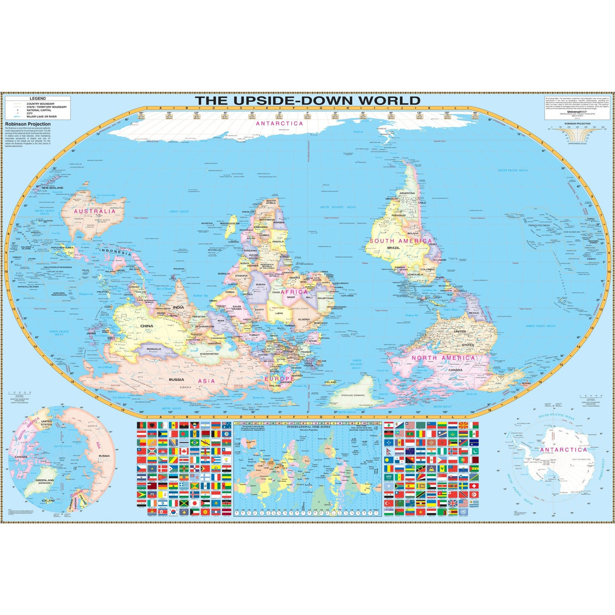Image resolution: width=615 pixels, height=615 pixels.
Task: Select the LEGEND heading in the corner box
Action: (x=39, y=98)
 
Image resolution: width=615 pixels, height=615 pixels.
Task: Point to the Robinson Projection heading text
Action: (x=28, y=124)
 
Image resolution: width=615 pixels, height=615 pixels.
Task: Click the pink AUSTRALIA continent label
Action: (x=95, y=211)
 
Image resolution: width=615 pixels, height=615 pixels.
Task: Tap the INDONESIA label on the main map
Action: (x=116, y=250)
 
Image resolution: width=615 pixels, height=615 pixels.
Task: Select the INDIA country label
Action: (x=178, y=307)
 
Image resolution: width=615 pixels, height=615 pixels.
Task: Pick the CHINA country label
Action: (x=146, y=326)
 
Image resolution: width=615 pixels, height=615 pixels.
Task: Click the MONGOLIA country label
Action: (x=154, y=349)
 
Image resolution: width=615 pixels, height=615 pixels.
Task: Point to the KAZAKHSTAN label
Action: (x=209, y=354)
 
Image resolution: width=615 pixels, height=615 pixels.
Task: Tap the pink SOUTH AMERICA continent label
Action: (x=401, y=241)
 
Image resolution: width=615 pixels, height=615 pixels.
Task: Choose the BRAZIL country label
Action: (x=394, y=248)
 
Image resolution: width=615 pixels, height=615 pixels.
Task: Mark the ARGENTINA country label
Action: (x=407, y=193)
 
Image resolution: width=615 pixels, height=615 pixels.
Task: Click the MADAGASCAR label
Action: (x=229, y=223)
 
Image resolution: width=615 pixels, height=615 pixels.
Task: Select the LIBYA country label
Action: (x=279, y=313)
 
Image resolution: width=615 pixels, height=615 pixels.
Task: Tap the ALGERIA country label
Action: (x=303, y=320)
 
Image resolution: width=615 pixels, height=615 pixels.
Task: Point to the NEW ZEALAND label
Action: (x=53, y=188)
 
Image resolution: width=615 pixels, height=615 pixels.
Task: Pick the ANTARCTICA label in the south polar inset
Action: (x=563, y=450)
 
